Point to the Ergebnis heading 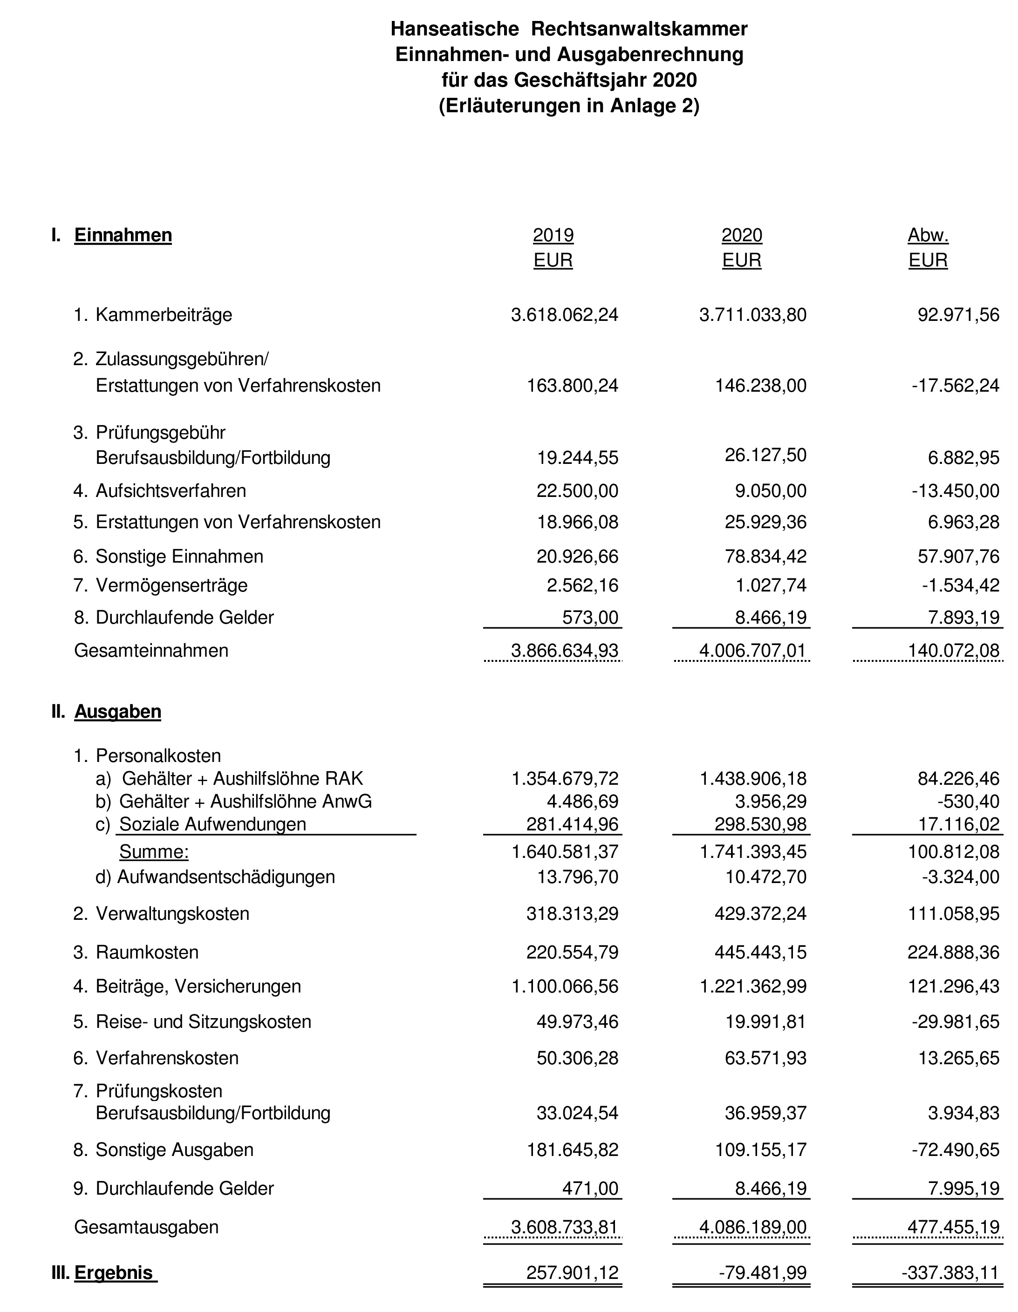[114, 1272]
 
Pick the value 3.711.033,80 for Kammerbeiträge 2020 [752, 315]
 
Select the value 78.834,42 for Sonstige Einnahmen [765, 556]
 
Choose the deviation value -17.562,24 [955, 385]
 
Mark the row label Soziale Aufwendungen [213, 824]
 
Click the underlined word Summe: [154, 851]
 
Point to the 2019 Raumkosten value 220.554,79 [572, 952]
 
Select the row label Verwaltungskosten [172, 914]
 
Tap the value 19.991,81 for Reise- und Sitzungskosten [765, 1022]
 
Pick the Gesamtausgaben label [146, 1227]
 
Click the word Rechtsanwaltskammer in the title [639, 28]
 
